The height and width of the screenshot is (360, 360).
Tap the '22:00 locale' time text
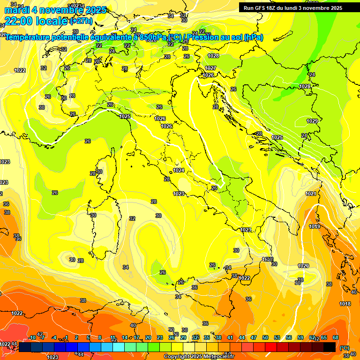(36, 21)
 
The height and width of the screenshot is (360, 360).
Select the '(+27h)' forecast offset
(81, 21)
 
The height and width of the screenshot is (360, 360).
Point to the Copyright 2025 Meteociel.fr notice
(199, 356)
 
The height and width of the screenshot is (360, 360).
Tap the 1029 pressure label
(312, 121)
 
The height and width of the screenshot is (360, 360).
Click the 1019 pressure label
(315, 227)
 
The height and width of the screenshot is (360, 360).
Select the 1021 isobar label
(311, 194)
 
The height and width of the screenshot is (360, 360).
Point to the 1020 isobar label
(304, 266)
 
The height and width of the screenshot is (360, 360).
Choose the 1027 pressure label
(210, 68)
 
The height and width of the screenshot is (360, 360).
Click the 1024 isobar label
(179, 170)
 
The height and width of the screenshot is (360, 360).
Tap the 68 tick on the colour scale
(336, 337)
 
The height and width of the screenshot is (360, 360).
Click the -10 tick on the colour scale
(32, 337)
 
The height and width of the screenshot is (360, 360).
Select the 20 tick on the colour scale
(148, 337)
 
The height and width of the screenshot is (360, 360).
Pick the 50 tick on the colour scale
(265, 337)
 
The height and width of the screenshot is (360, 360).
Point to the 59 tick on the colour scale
(300, 337)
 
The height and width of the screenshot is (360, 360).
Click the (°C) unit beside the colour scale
(345, 348)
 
